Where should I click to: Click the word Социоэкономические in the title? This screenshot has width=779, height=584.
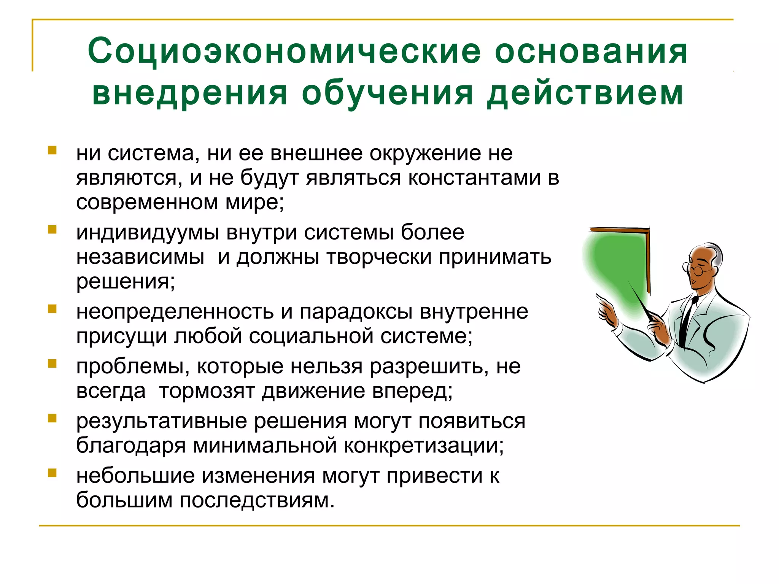point(284,51)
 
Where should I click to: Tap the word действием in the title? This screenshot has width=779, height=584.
point(585,93)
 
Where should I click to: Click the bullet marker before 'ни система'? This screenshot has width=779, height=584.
point(52,150)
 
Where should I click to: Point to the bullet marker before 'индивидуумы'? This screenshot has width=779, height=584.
point(52,229)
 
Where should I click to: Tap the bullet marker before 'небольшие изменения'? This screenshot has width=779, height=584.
point(52,473)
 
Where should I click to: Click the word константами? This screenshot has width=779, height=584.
point(474,178)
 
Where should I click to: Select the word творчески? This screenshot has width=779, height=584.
point(379,257)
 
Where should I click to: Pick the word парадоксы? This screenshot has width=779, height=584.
point(356,312)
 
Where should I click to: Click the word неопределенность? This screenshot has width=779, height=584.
point(175,312)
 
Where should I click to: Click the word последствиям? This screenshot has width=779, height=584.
point(257,500)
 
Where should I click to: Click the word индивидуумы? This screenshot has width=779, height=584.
point(148,233)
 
